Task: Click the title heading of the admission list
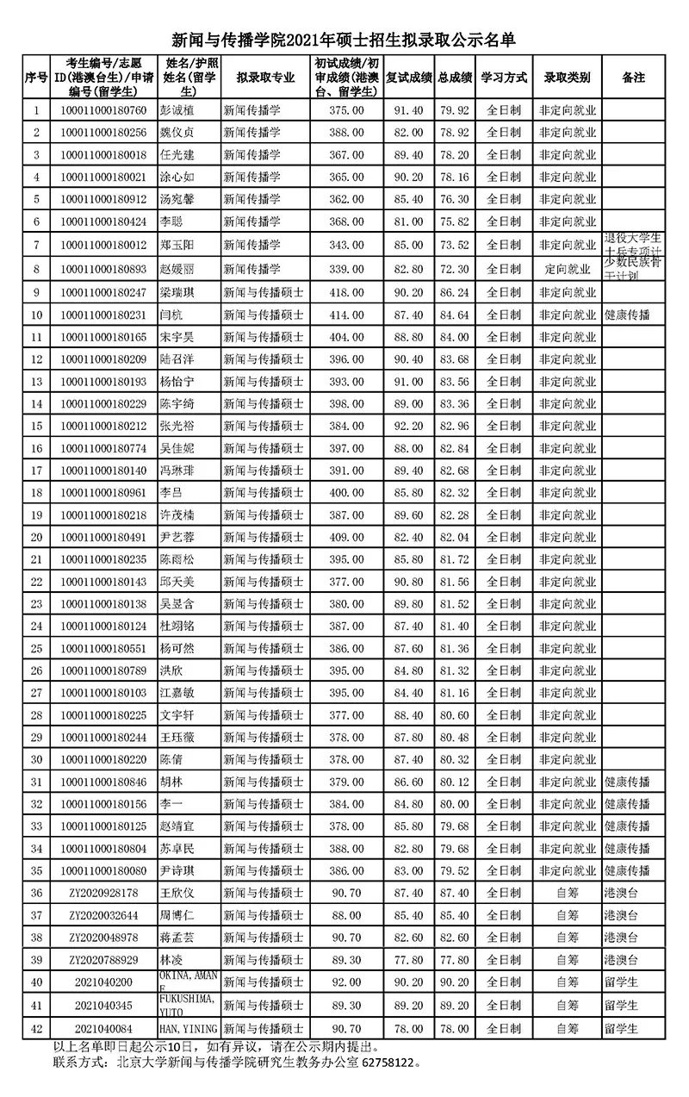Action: click(344, 40)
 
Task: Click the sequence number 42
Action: click(36, 1027)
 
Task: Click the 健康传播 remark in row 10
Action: click(627, 315)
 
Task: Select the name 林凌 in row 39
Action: click(172, 960)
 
